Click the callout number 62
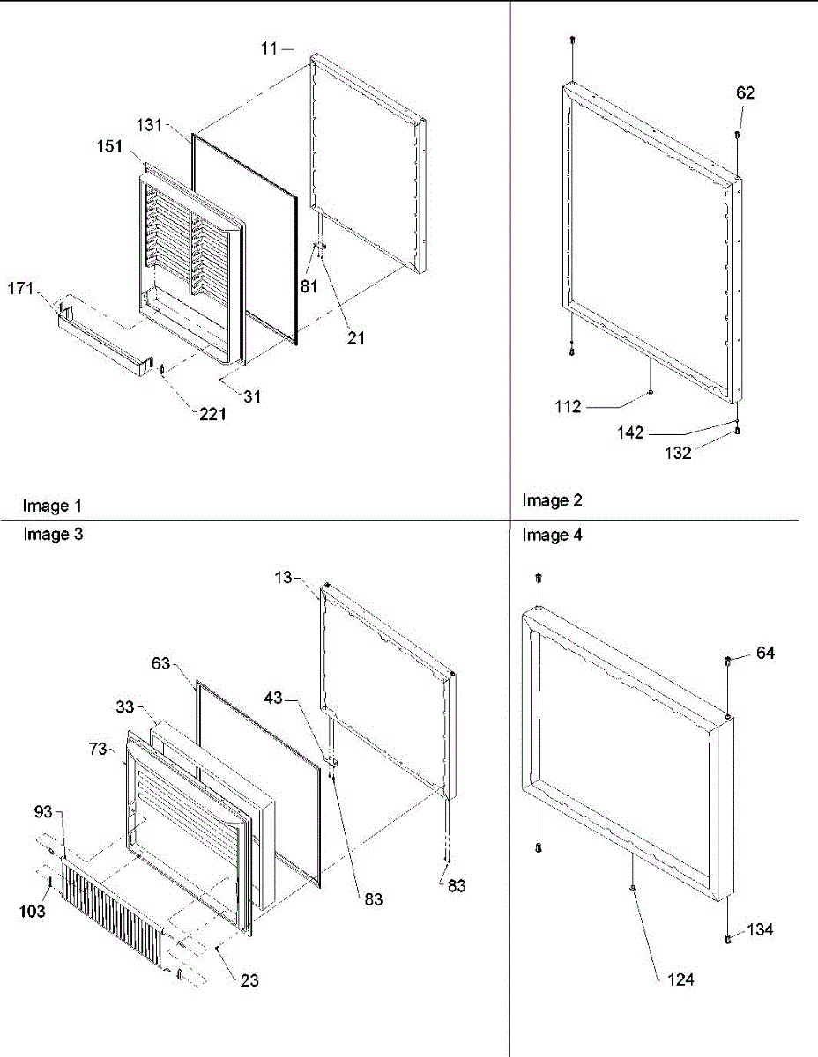[x=746, y=92]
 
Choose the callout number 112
[x=569, y=406]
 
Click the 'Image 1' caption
[x=52, y=506]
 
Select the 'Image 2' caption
[x=552, y=500]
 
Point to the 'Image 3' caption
[x=52, y=534]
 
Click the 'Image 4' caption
[x=552, y=535]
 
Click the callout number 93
[x=44, y=834]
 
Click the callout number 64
[x=765, y=654]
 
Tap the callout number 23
[x=249, y=979]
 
